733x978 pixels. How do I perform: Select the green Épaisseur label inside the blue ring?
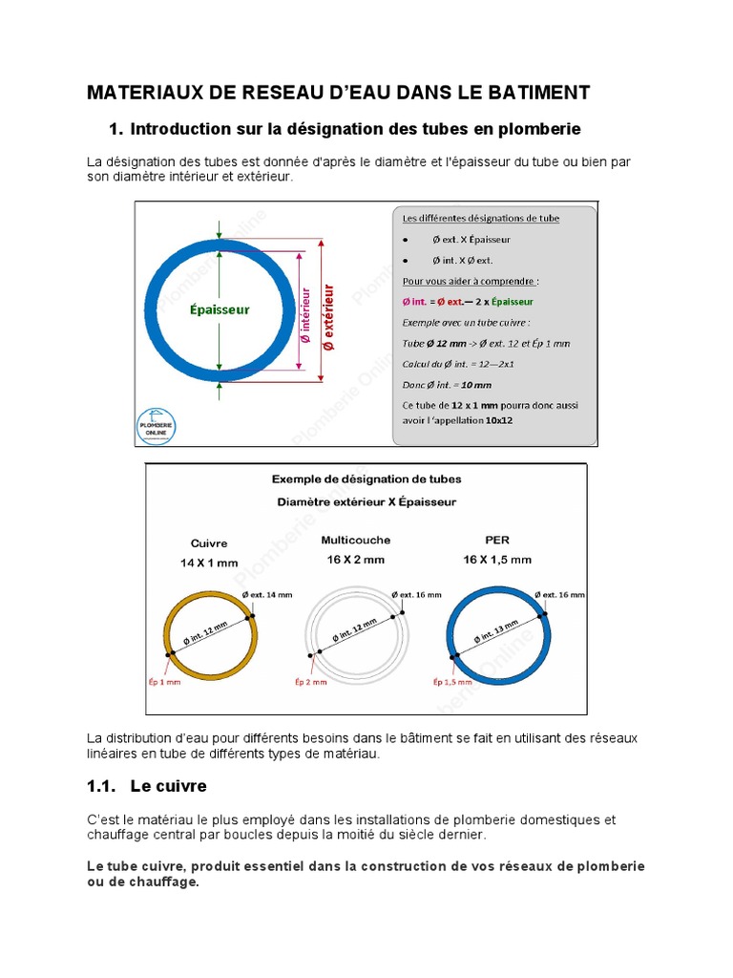click(219, 309)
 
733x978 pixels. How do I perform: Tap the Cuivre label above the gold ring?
click(209, 543)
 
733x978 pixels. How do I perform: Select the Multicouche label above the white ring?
click(355, 540)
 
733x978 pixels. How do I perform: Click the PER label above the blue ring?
click(496, 540)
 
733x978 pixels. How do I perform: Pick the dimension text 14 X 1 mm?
click(209, 563)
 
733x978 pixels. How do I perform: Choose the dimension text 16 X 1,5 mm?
click(497, 559)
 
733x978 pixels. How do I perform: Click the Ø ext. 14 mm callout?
click(268, 594)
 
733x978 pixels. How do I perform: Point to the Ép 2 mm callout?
click(310, 682)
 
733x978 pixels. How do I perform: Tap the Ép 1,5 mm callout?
click(452, 682)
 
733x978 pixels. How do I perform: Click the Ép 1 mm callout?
click(169, 682)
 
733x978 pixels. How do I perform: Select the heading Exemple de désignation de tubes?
click(366, 479)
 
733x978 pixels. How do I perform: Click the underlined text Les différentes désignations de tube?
click(481, 218)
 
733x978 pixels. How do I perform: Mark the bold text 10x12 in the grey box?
click(498, 420)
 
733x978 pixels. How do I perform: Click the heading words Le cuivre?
click(170, 786)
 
